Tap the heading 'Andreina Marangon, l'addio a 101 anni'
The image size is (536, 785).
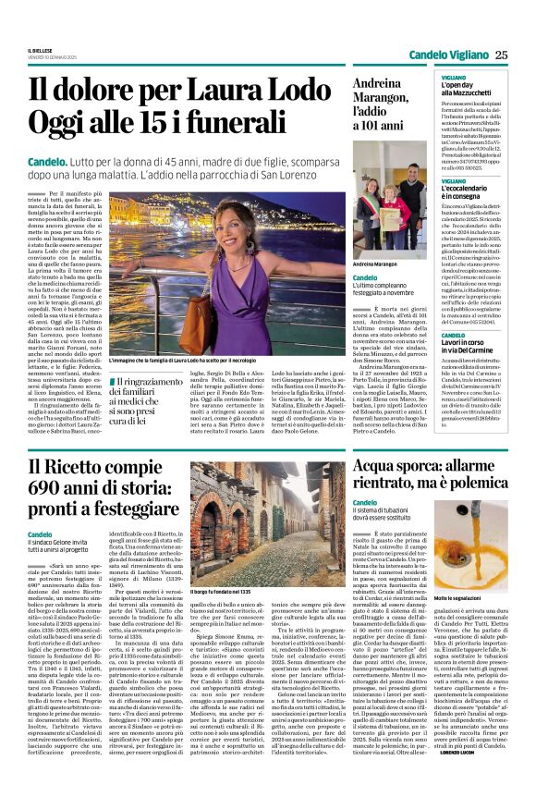(378, 103)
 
